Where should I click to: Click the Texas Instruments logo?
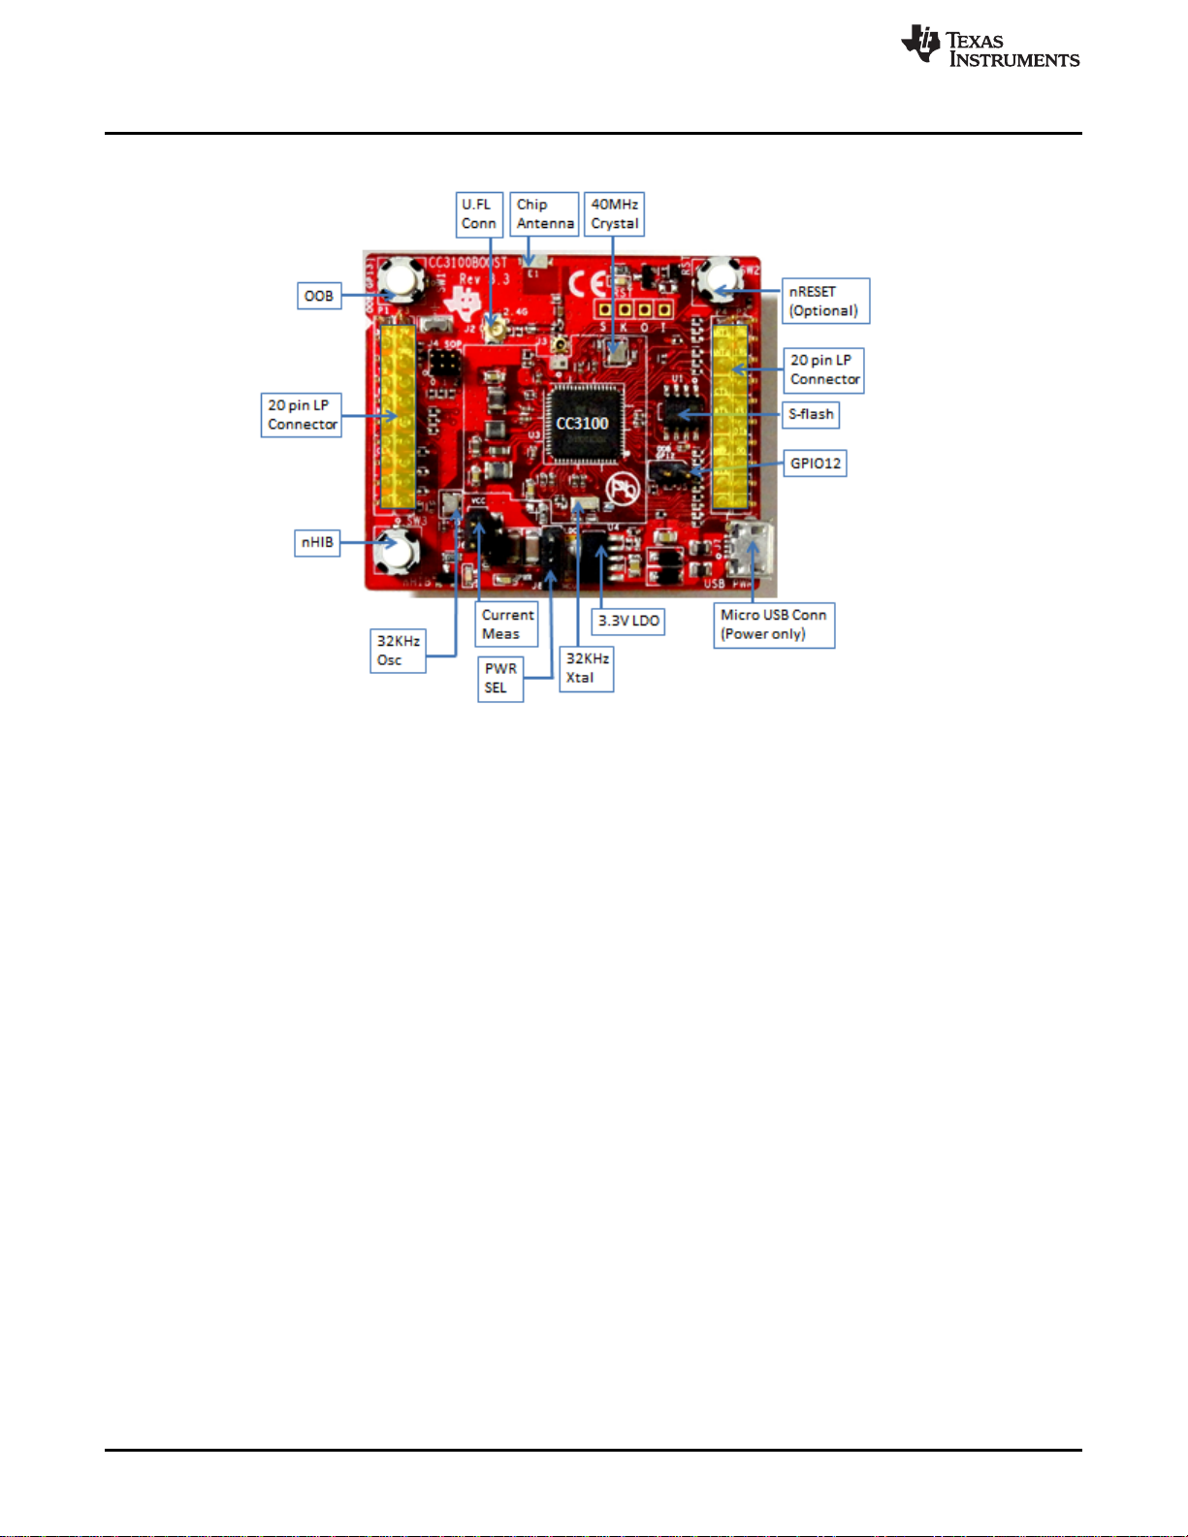tap(989, 47)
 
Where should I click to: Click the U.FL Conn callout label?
tap(479, 214)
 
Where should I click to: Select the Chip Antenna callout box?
tap(545, 214)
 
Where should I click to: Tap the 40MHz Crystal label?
tap(615, 214)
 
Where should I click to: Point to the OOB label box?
tap(319, 296)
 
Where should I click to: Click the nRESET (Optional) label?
tap(825, 301)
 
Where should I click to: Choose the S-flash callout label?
tap(811, 414)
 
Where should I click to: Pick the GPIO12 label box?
tap(816, 464)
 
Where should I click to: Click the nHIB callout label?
tap(317, 542)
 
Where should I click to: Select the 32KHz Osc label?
tap(398, 651)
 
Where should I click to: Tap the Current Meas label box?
tap(507, 624)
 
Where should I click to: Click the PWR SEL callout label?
tap(500, 678)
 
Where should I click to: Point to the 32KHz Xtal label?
tap(587, 668)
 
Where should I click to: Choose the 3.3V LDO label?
tap(628, 621)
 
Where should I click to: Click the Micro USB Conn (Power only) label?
tap(774, 624)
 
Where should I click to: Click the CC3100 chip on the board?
tap(582, 424)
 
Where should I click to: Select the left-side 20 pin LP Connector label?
tap(302, 415)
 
